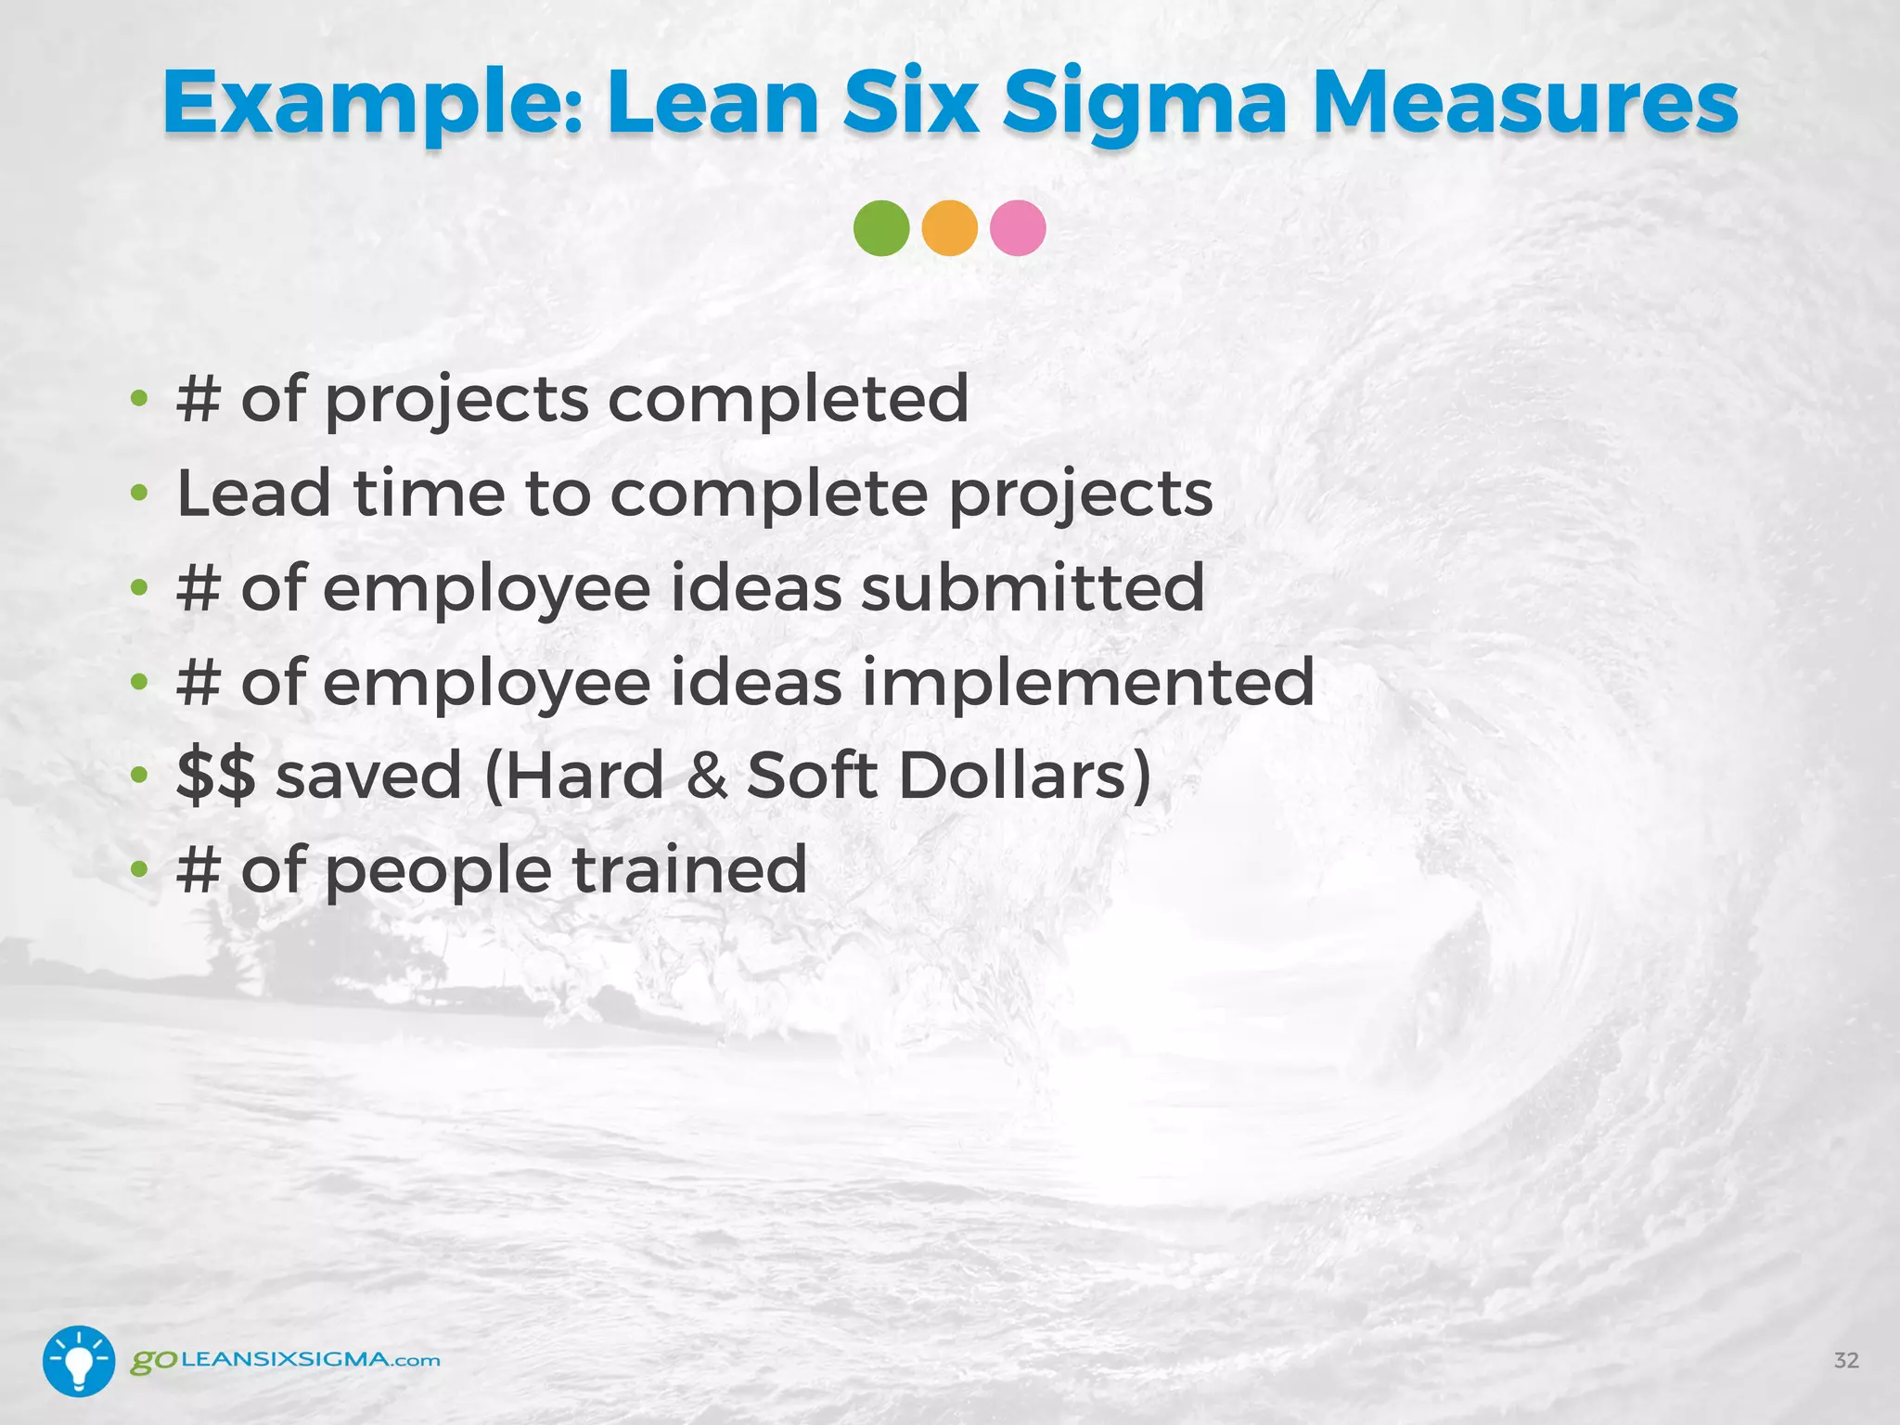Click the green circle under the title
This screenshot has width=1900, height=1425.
coord(881,228)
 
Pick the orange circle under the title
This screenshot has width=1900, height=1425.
coord(950,228)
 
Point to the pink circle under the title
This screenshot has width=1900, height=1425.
coord(1018,228)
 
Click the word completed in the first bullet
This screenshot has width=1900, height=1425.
coord(788,399)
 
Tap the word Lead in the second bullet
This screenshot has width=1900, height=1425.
coord(253,493)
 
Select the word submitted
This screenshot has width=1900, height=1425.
coord(1032,587)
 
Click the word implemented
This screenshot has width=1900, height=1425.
coord(1087,681)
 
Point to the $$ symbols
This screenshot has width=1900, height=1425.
coord(215,776)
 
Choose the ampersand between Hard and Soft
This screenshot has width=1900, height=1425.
coord(707,776)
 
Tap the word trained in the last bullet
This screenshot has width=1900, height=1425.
coord(688,869)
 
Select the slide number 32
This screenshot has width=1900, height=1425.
coord(1846,1360)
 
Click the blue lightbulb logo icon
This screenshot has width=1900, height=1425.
coord(79,1361)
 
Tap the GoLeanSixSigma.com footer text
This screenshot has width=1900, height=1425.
coord(285,1361)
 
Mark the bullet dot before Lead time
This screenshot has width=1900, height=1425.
coord(139,494)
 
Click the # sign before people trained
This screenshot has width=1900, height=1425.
coord(198,869)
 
